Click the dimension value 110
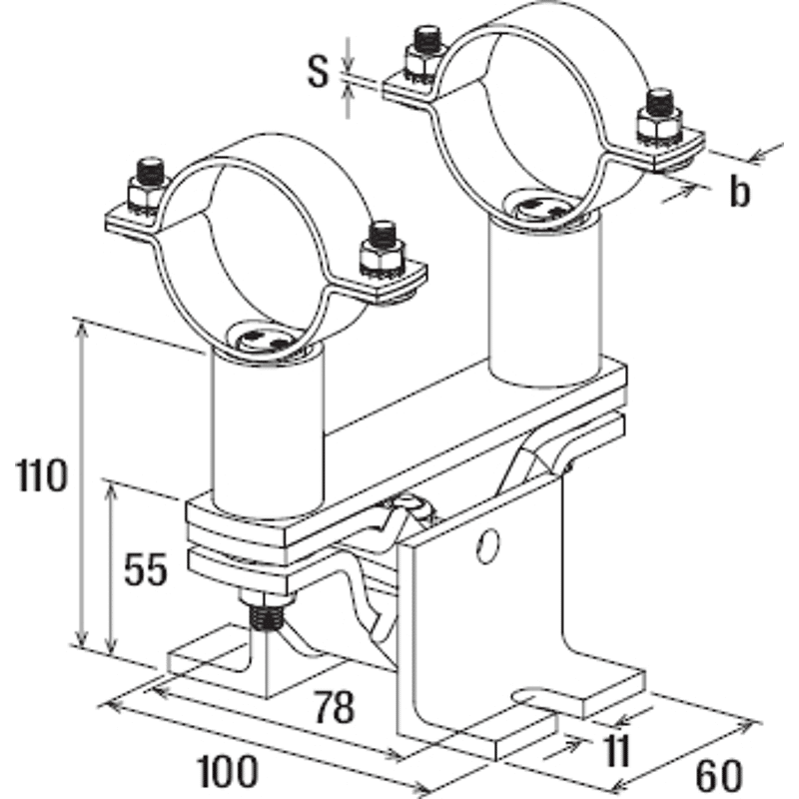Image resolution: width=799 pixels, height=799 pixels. (x=42, y=475)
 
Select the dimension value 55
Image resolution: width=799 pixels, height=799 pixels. (x=146, y=568)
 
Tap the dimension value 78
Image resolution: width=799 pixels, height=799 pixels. (x=334, y=707)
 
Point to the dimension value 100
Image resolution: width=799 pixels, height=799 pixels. (x=228, y=771)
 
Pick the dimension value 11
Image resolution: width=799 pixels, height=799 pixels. (x=616, y=750)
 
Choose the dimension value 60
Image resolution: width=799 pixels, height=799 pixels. (x=719, y=776)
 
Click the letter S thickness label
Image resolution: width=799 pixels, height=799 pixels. (x=319, y=71)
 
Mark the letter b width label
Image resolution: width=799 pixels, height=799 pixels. (x=739, y=191)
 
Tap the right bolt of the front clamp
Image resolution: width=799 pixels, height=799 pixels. (x=383, y=250)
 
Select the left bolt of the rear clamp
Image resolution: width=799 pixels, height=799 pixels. (x=423, y=54)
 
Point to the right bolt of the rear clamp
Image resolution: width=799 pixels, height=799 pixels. (x=660, y=119)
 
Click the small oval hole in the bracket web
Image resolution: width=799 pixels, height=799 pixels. (x=487, y=546)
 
